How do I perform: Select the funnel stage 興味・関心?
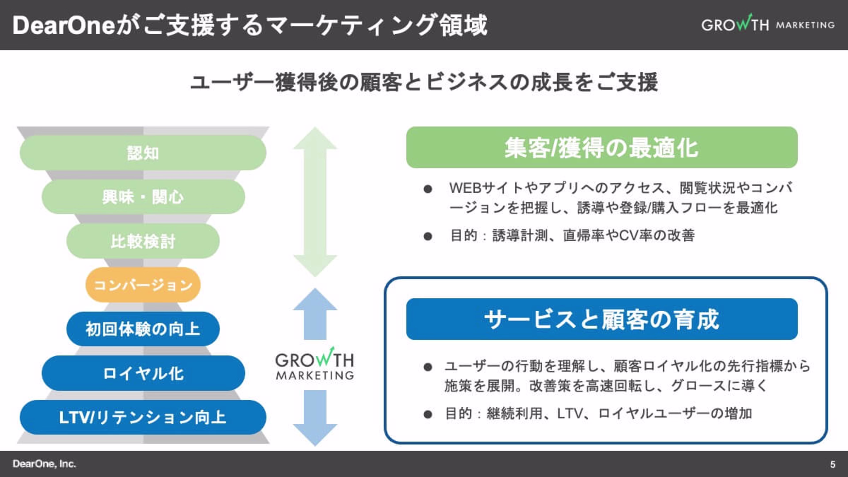[x=143, y=197]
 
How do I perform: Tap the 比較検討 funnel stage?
[x=143, y=241]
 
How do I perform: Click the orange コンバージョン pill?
[x=143, y=285]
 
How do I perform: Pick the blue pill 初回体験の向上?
[x=143, y=329]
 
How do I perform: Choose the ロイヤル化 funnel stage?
[x=143, y=373]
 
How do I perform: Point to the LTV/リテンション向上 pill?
[x=143, y=417]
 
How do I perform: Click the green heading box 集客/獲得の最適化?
[x=602, y=148]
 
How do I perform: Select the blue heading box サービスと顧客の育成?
[x=602, y=319]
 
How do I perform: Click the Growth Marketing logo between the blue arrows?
[x=315, y=363]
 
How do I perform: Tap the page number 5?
[x=833, y=464]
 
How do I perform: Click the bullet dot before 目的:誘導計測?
[x=428, y=236]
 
